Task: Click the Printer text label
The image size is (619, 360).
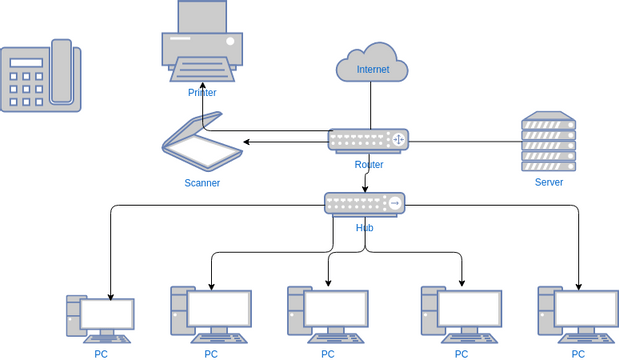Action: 202,93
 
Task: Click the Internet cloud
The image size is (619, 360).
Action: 372,65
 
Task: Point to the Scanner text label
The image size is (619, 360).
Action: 202,183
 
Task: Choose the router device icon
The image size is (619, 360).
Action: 368,140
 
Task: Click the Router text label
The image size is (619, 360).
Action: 369,164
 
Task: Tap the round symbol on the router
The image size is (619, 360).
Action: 399,140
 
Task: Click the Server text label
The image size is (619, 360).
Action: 549,182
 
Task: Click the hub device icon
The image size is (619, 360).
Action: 365,204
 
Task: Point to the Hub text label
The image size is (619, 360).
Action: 365,228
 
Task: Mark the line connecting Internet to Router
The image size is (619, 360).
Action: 372,105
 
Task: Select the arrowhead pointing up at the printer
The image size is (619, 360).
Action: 203,92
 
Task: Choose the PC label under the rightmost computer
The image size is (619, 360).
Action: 578,354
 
